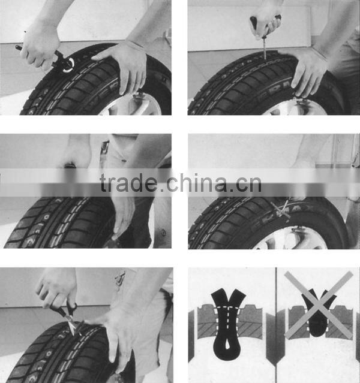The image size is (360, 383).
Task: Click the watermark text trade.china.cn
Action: (x=181, y=183)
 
